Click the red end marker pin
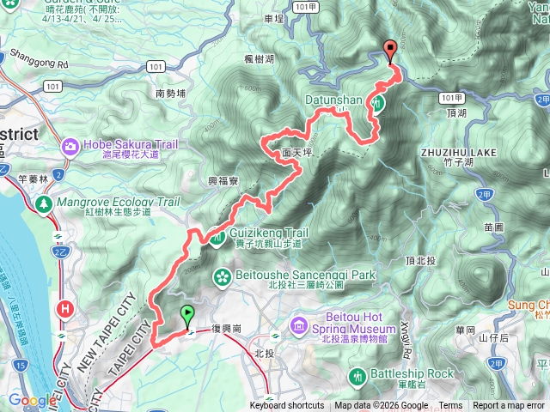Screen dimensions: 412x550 392,51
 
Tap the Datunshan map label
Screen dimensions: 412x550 334,100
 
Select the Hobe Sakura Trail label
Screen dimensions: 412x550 131,145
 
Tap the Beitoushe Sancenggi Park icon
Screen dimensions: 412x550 222,276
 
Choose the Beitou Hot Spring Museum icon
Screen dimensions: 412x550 298,324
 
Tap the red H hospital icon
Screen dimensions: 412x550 64,308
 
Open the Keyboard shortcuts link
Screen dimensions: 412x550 286,406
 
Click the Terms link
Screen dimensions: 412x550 450,406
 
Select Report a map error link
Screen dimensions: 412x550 509,406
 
